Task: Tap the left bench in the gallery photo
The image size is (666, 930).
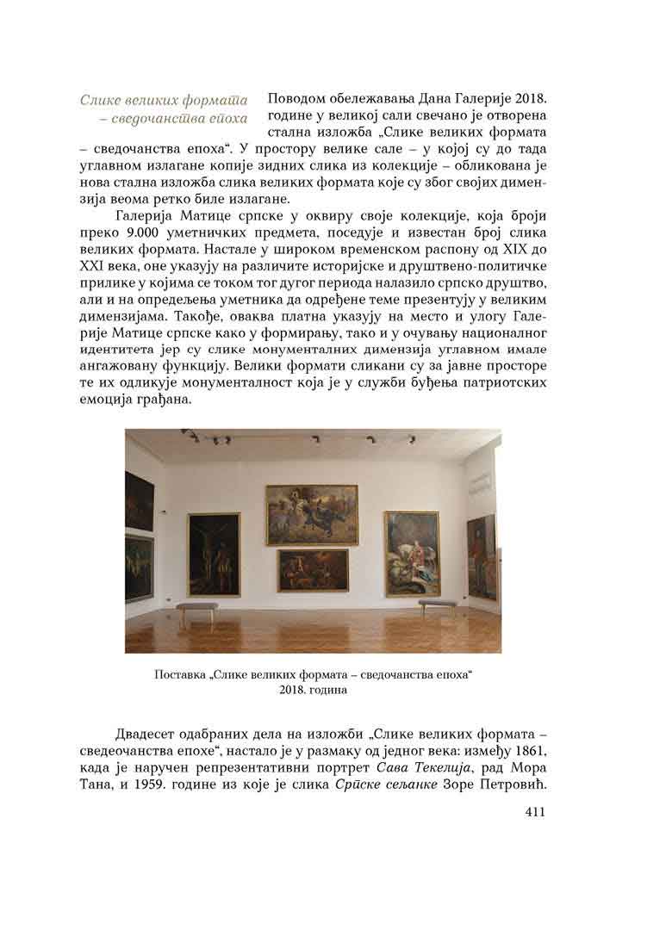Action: pyautogui.click(x=197, y=611)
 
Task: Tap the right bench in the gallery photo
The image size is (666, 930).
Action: pyautogui.click(x=437, y=605)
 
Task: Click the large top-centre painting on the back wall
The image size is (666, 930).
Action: pyautogui.click(x=311, y=514)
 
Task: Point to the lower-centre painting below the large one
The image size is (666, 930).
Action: pyautogui.click(x=313, y=570)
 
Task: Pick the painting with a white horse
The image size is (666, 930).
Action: pyautogui.click(x=412, y=554)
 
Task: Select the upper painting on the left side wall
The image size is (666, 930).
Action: pyautogui.click(x=139, y=499)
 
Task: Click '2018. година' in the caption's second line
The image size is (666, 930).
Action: pyautogui.click(x=313, y=690)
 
